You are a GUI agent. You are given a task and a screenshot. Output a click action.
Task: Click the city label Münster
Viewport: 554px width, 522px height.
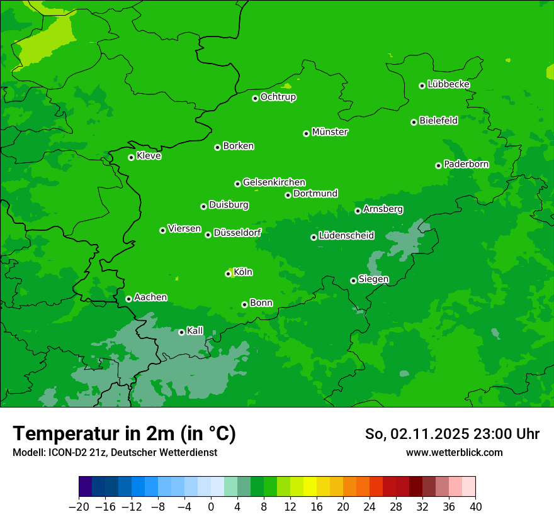330,132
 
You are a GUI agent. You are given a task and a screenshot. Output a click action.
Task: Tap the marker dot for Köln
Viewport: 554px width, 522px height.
228,274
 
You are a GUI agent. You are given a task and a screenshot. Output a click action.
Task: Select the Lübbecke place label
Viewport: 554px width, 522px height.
448,84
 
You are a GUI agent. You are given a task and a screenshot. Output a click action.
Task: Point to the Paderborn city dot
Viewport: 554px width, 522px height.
438,165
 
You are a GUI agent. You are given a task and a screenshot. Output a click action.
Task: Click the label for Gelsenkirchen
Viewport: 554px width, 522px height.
274,182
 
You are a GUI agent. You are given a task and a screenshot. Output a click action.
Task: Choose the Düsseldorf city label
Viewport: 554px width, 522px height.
237,233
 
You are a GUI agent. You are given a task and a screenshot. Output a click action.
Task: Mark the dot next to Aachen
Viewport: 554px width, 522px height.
128,299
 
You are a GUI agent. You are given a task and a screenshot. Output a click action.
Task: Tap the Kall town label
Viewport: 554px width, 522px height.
195,331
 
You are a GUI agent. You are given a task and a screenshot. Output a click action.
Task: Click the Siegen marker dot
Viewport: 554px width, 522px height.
353,280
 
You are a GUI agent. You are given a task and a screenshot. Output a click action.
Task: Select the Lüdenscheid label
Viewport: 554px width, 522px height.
346,236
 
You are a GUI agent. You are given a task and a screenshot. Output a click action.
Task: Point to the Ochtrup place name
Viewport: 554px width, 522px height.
278,97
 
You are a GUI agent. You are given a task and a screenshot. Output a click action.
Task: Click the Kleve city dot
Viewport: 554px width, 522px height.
131,157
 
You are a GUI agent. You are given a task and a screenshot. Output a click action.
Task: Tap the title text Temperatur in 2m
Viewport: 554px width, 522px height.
124,433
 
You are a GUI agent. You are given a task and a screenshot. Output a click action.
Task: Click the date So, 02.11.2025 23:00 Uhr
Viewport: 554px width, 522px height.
452,434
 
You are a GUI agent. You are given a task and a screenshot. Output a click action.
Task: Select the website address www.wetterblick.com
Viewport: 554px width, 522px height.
454,452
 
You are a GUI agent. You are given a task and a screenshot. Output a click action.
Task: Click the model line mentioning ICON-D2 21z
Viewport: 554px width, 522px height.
115,452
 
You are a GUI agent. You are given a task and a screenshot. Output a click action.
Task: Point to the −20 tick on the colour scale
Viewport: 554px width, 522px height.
79,507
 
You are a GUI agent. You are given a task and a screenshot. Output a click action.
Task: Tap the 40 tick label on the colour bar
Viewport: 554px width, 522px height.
475,507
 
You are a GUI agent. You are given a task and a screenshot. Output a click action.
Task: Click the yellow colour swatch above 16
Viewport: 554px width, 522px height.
310,487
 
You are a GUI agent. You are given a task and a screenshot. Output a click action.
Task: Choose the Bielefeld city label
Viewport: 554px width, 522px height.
438,121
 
